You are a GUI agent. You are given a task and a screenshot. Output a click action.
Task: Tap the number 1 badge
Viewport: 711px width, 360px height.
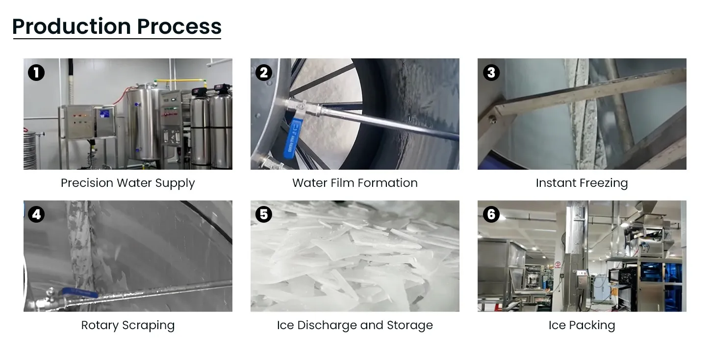pos(36,73)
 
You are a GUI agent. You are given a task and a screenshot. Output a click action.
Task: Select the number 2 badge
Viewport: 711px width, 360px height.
pos(263,73)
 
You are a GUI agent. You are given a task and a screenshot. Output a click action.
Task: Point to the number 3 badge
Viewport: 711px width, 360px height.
pos(491,73)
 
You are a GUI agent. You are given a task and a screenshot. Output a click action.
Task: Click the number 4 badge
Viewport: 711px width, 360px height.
pos(36,214)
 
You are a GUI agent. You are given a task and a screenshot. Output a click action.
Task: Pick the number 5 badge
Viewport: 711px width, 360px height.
pos(263,214)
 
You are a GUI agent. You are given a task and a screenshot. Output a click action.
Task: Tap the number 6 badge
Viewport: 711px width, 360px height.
pos(491,214)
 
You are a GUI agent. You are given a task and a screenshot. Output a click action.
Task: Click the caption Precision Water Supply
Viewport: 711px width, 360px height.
pos(127,183)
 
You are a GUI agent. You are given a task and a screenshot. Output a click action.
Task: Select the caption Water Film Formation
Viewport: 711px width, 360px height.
pos(355,183)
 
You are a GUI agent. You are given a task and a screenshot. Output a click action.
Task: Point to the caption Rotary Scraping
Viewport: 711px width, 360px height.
pos(127,325)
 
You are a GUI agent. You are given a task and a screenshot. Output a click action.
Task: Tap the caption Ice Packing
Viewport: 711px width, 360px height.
pos(582,325)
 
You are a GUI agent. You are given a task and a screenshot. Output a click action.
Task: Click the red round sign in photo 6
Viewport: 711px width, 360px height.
pos(558,264)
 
